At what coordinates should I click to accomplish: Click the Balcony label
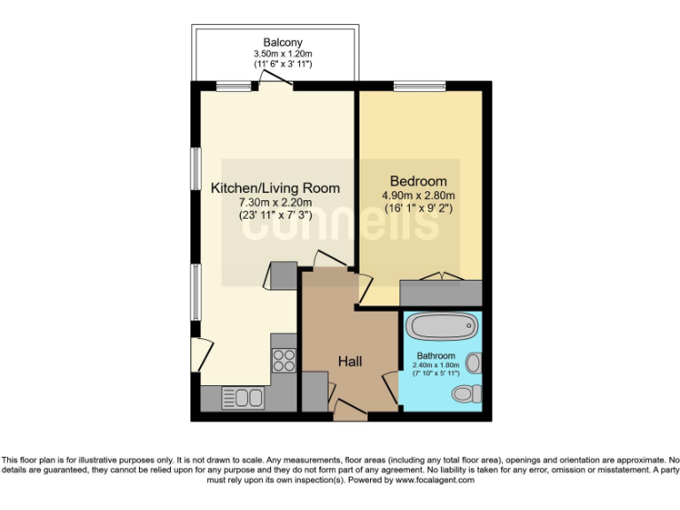click(x=282, y=42)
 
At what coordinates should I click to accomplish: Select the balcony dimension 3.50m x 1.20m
click(x=282, y=53)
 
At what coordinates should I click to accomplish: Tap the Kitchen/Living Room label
click(x=274, y=188)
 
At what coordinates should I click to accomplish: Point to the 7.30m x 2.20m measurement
click(x=274, y=202)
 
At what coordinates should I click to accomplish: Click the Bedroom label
click(x=418, y=182)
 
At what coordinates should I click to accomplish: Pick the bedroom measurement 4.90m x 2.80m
click(x=418, y=196)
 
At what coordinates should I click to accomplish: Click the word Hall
click(x=350, y=360)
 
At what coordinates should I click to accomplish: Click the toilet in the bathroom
click(x=462, y=392)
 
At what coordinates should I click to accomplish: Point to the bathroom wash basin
click(x=475, y=362)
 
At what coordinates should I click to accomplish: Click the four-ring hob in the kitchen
click(x=284, y=359)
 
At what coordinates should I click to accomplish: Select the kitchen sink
click(x=242, y=398)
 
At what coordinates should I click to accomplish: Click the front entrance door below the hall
click(x=350, y=409)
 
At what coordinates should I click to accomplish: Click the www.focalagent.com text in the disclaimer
click(x=433, y=480)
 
